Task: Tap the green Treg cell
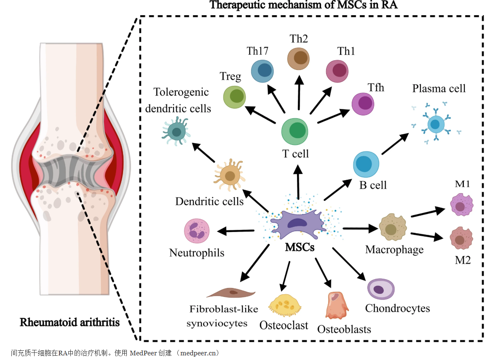click(x=234, y=96)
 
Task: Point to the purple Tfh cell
click(x=364, y=104)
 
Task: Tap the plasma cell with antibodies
click(x=435, y=124)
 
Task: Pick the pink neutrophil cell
click(x=197, y=231)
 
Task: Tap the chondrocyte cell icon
click(x=381, y=289)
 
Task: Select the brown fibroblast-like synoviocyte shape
click(x=231, y=292)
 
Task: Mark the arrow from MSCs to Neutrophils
click(x=236, y=230)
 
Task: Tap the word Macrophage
click(x=394, y=250)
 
